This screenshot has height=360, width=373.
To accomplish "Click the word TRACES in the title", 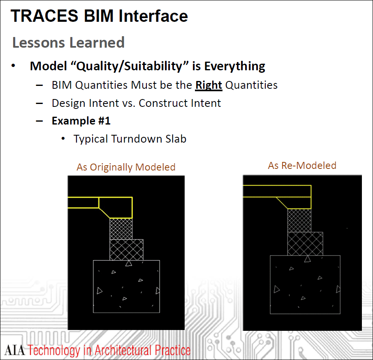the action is tap(44, 16).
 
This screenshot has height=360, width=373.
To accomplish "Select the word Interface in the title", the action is tap(153, 16).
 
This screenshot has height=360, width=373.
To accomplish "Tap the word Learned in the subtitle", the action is tap(97, 42).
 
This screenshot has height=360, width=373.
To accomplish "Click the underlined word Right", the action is tap(209, 85).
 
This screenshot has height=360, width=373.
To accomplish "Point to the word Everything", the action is tap(234, 66).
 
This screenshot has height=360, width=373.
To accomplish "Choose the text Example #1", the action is tap(81, 121).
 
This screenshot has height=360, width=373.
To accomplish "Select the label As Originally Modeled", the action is tap(126, 167).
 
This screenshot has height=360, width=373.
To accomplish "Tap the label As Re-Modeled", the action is tap(302, 166).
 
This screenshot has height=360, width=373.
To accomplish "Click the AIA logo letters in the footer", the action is tap(14, 350).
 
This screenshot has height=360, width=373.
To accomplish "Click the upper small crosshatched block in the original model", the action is tap(121, 229).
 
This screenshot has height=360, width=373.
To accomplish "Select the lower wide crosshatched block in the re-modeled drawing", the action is tap(305, 244).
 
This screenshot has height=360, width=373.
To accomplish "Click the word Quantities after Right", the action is tap(251, 85).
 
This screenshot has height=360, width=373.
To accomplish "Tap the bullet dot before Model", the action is tap(13, 66).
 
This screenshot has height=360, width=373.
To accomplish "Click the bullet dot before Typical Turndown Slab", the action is tap(63, 138).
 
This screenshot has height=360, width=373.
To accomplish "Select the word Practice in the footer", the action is tap(172, 350).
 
